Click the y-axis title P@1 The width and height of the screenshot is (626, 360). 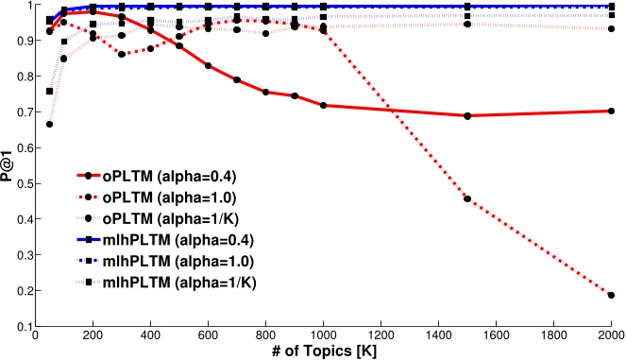pyautogui.click(x=8, y=165)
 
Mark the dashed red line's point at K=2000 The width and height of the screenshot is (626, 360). pyautogui.click(x=611, y=295)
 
